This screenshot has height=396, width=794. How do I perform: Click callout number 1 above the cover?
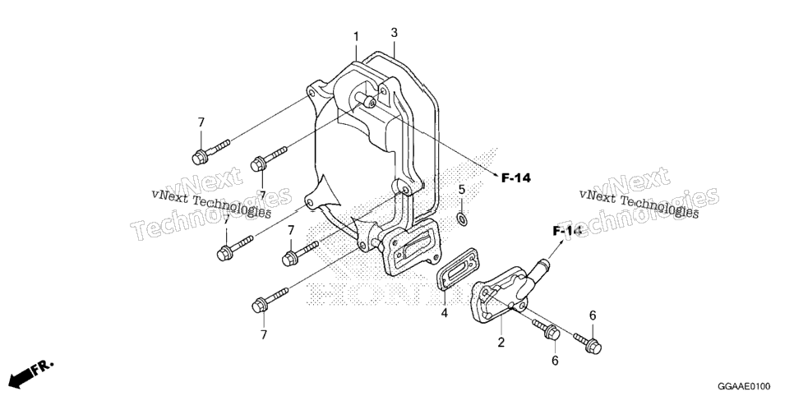356,37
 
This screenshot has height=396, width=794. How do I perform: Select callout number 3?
394,33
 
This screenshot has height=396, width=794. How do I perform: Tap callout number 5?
461,190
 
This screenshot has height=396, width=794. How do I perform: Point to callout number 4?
444,313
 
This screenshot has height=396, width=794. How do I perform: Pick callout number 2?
501,343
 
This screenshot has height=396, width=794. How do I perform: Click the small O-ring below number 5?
461,219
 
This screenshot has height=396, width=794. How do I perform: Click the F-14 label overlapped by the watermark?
566,232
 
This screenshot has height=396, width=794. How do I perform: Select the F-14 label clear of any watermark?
516,177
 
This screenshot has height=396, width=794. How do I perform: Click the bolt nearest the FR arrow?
270,300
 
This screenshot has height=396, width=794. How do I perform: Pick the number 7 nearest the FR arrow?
263,334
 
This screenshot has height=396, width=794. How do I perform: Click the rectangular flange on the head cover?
409,247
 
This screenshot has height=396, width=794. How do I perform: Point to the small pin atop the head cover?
367,99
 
